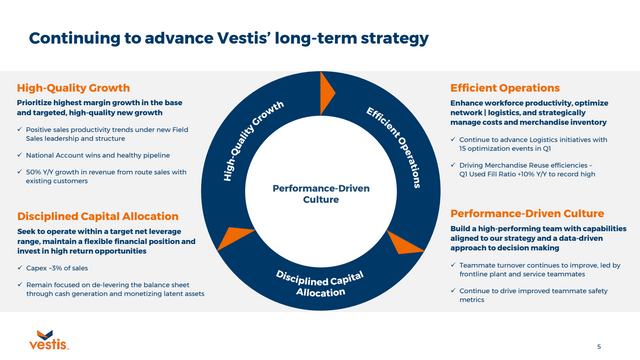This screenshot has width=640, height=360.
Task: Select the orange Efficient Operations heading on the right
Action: click(504, 88)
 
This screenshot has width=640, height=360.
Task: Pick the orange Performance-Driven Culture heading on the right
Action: click(527, 213)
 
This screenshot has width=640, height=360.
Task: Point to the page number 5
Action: click(598, 345)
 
